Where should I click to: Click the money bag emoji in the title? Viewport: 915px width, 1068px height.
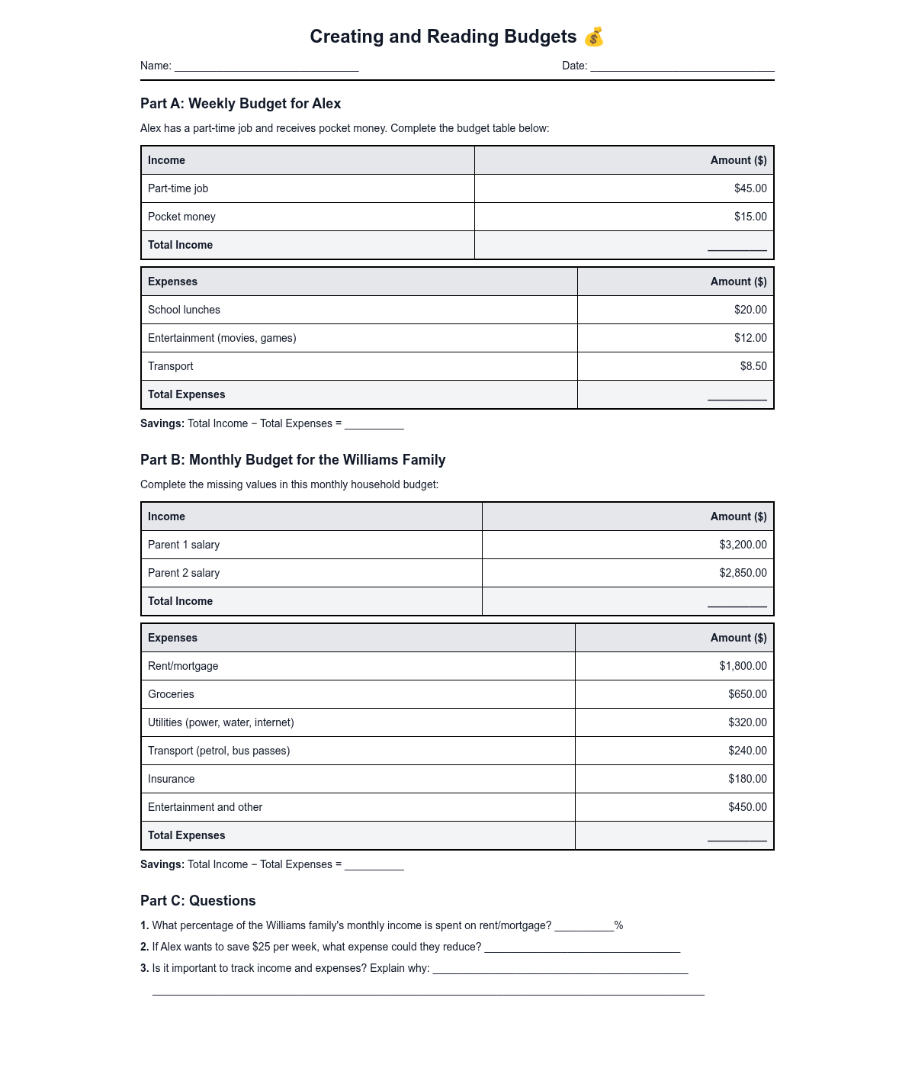pyautogui.click(x=594, y=37)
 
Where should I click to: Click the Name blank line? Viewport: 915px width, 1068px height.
pyautogui.click(x=266, y=67)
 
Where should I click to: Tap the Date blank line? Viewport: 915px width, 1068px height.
pyautogui.click(x=682, y=67)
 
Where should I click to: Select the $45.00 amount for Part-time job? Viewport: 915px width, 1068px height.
pyautogui.click(x=750, y=188)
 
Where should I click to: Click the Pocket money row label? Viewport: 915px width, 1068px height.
pyautogui.click(x=181, y=217)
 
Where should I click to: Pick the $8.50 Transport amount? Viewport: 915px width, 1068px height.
pyautogui.click(x=753, y=366)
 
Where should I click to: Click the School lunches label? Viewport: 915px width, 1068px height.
pyautogui.click(x=184, y=310)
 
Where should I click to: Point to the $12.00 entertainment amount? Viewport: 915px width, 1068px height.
pyautogui.click(x=750, y=338)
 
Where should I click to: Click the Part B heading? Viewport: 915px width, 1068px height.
pyautogui.click(x=293, y=460)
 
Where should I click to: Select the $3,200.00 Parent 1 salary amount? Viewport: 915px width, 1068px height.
pyautogui.click(x=743, y=545)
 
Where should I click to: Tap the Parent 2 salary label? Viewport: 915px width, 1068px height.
pyautogui.click(x=184, y=573)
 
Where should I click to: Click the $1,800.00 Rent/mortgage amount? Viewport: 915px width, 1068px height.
pyautogui.click(x=743, y=666)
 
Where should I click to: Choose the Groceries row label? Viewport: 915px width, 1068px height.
pyautogui.click(x=171, y=694)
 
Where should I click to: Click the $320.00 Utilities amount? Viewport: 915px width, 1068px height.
pyautogui.click(x=747, y=722)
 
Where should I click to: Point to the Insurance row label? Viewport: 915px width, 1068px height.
pyautogui.click(x=171, y=779)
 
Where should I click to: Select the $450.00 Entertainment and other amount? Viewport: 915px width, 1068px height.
pyautogui.click(x=747, y=807)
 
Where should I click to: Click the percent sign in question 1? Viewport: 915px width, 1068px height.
pyautogui.click(x=618, y=925)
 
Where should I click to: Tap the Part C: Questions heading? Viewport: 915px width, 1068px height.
pyautogui.click(x=198, y=901)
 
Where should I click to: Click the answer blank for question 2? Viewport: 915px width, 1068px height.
pyautogui.click(x=582, y=949)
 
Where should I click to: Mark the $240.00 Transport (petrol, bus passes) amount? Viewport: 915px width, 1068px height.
pyautogui.click(x=747, y=751)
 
